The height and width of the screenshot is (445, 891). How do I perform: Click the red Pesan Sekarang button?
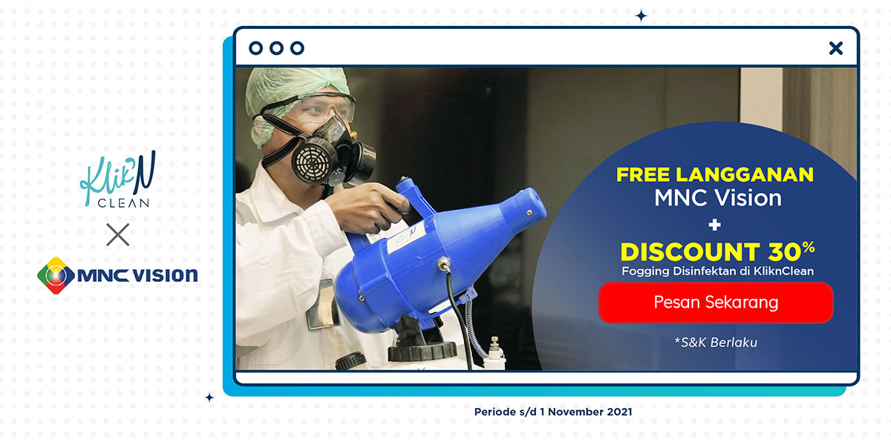[716, 303]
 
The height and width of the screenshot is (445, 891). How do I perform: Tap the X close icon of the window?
[836, 48]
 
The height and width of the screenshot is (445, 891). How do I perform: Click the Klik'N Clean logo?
[118, 179]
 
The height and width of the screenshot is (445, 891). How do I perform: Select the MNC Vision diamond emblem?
[56, 275]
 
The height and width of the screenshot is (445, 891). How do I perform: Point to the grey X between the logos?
[118, 234]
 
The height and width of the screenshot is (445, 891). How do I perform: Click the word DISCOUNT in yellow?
[690, 252]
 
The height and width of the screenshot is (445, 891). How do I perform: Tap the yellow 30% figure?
[792, 251]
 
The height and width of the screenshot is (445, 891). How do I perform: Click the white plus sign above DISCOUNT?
[715, 225]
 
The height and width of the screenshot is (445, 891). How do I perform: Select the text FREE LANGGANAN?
[715, 174]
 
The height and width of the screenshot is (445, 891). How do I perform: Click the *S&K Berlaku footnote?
[716, 343]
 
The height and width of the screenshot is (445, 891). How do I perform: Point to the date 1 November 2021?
[586, 412]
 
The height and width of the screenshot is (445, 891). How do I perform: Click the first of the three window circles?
[255, 48]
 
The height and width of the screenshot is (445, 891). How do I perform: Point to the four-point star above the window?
[641, 16]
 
